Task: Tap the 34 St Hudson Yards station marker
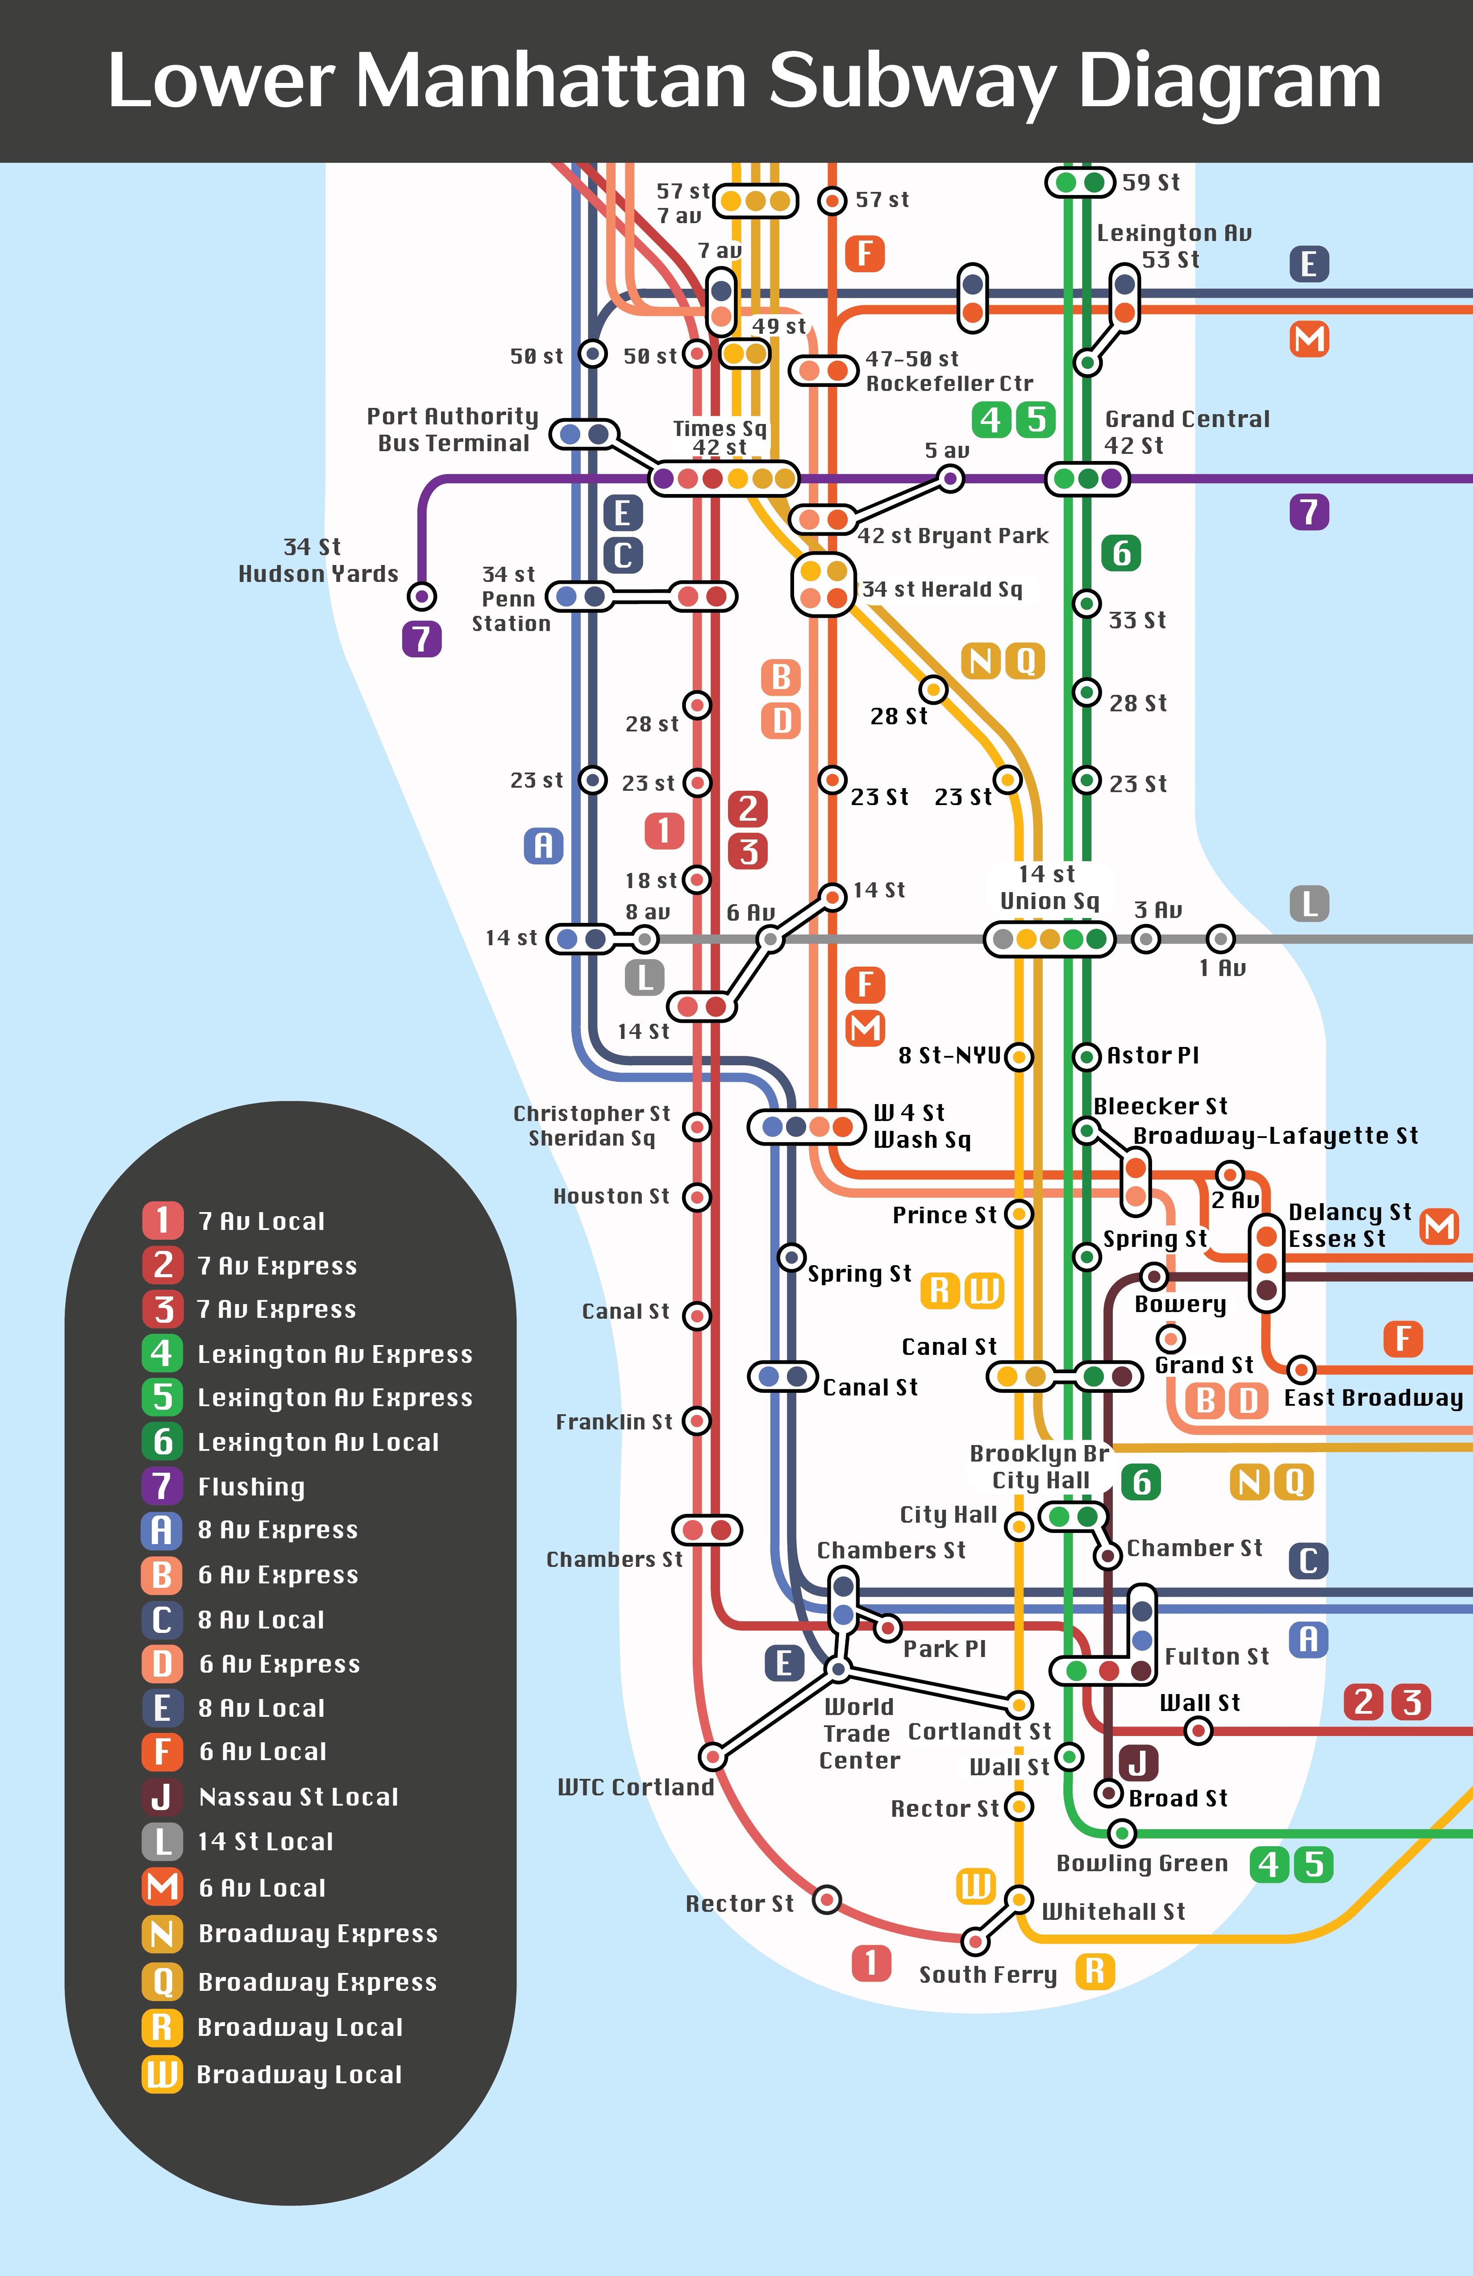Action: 422,597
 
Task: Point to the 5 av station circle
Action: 950,478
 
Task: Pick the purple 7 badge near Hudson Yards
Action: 422,639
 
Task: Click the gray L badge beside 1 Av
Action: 1310,904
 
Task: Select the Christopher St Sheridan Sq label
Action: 592,1126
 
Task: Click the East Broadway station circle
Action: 1301,1370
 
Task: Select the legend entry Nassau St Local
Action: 297,1797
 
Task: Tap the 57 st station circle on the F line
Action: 832,201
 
